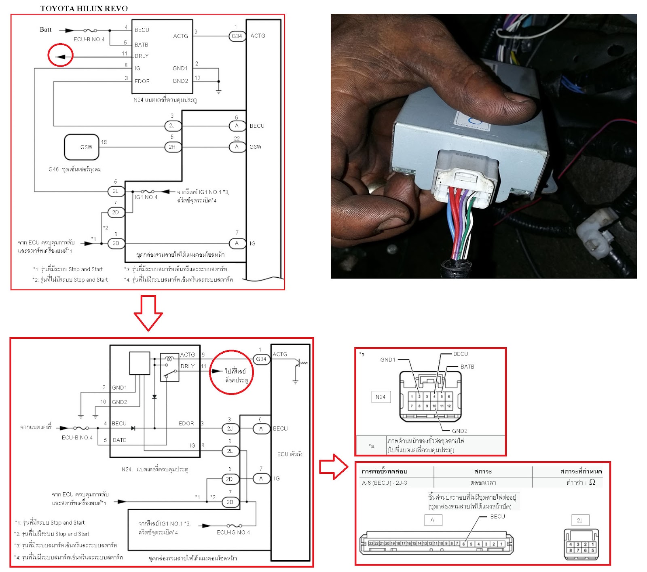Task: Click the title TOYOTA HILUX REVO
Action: click(84, 8)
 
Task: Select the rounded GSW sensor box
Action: click(82, 147)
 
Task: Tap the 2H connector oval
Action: click(172, 147)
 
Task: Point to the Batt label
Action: click(45, 30)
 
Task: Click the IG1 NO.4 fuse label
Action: click(146, 197)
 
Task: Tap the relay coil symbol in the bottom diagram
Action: click(169, 358)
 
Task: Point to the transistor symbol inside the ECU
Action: click(299, 363)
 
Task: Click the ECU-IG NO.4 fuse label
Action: click(233, 532)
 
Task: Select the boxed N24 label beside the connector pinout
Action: click(381, 397)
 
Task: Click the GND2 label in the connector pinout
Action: click(460, 431)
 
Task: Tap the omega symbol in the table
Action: click(592, 482)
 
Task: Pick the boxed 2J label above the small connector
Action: click(580, 520)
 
